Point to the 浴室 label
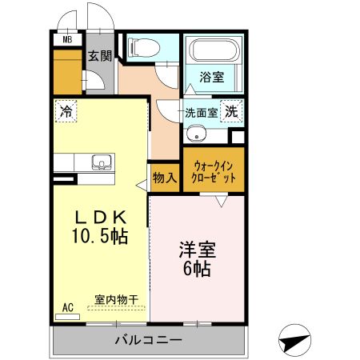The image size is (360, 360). [x=211, y=78]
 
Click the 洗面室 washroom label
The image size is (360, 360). [x=202, y=113]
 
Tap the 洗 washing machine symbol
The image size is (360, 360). [x=230, y=113]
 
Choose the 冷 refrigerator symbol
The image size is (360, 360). [x=66, y=111]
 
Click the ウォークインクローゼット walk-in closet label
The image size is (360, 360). [x=213, y=171]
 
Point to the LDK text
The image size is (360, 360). [x=100, y=218]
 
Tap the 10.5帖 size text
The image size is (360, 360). [x=101, y=237]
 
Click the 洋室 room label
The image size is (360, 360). [x=195, y=250]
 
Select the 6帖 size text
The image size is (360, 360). [x=195, y=270]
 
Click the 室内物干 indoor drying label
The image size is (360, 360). [x=117, y=299]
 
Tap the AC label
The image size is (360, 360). [x=67, y=307]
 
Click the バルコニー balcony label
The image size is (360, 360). [x=147, y=341]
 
